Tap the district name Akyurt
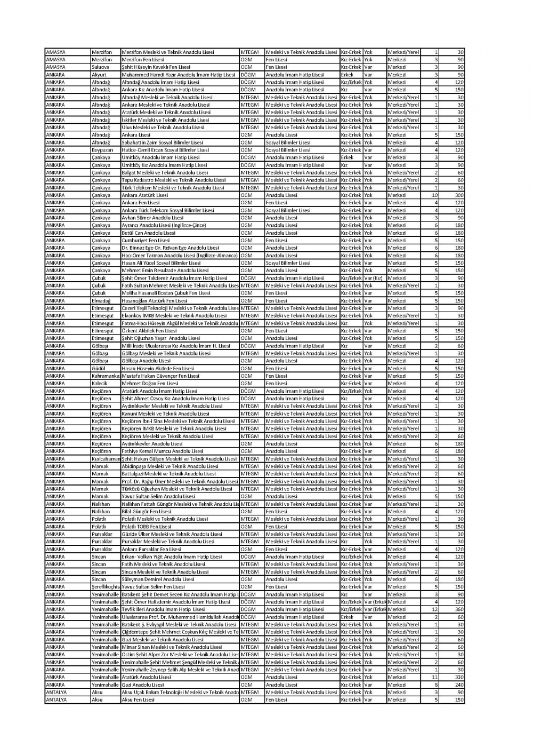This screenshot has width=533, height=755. (99, 75)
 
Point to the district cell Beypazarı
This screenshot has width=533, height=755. (102, 150)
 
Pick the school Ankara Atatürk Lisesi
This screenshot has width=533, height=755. (144, 195)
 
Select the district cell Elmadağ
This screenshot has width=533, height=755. (101, 300)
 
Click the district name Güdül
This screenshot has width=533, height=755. (99, 368)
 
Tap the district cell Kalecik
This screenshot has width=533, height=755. (100, 383)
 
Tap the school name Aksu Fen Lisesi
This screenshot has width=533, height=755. (138, 700)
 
